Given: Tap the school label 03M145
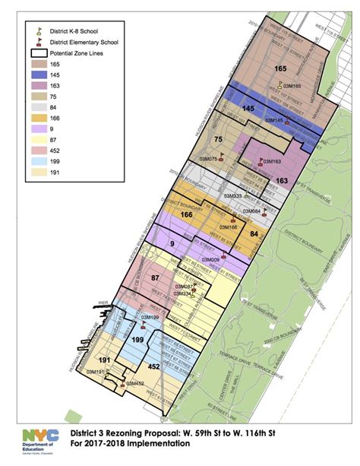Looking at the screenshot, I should [273, 120].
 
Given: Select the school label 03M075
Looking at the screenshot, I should [208, 158].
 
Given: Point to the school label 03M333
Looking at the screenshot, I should [232, 196].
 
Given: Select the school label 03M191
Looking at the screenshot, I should [95, 372].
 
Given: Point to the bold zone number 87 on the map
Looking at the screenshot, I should [156, 279].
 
